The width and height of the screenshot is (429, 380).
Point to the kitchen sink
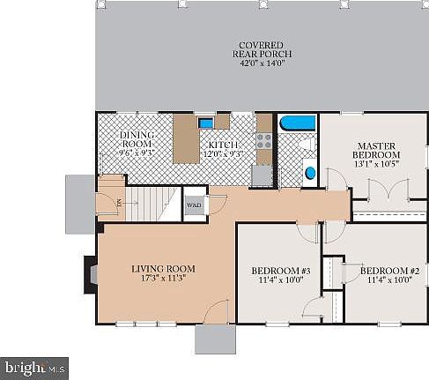pyautogui.click(x=205, y=123)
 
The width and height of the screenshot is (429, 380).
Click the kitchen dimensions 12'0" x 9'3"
pyautogui.click(x=225, y=153)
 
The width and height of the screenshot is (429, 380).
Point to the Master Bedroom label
pyautogui.click(x=378, y=149)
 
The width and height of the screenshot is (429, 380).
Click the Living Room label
pyautogui.click(x=163, y=268)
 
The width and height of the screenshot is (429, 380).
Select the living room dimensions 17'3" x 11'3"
pyautogui.click(x=163, y=279)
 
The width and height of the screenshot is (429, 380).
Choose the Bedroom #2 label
pyautogui.click(x=388, y=271)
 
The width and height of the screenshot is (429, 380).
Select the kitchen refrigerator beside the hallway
pyautogui.click(x=262, y=175)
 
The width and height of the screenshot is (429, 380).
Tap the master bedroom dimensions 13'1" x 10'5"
pyautogui.click(x=378, y=161)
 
